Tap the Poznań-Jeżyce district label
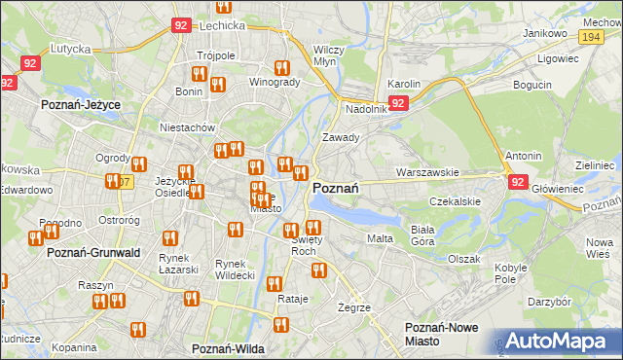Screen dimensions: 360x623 78,102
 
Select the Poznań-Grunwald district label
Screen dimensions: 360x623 93,253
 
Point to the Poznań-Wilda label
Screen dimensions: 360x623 229,348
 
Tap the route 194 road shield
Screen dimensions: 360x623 589,35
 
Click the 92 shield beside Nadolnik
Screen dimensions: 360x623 398,102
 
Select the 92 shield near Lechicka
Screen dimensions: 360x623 181,26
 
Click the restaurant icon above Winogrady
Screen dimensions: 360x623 281,68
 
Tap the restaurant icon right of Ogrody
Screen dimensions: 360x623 138,164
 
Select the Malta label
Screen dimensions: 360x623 379,238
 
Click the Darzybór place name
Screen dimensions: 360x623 549,302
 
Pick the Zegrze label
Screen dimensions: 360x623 354,307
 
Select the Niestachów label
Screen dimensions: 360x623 187,127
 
